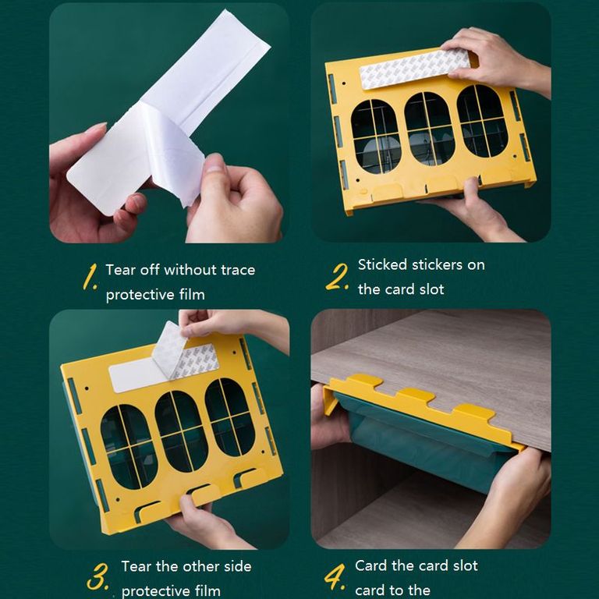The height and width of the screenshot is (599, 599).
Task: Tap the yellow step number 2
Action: [x=337, y=277]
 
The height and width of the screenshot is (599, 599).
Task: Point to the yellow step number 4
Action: [x=335, y=578]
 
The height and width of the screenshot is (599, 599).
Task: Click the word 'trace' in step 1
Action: [x=238, y=270]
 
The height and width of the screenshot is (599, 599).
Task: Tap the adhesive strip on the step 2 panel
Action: [x=415, y=69]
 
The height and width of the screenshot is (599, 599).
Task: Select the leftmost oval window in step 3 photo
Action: [x=129, y=446]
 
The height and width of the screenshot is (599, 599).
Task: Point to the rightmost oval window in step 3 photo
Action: [x=230, y=417]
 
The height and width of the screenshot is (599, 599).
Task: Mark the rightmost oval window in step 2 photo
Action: [x=483, y=121]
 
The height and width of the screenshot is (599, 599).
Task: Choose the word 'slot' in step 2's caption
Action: [x=431, y=289]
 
